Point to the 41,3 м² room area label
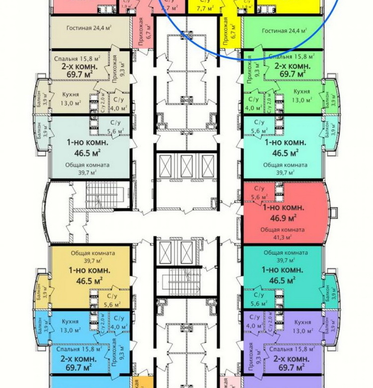coord(282,237)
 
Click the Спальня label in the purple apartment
coord(281,350)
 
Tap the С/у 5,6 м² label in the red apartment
coord(259,193)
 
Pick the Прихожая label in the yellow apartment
coord(225,31)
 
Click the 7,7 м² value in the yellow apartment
coord(204,8)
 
